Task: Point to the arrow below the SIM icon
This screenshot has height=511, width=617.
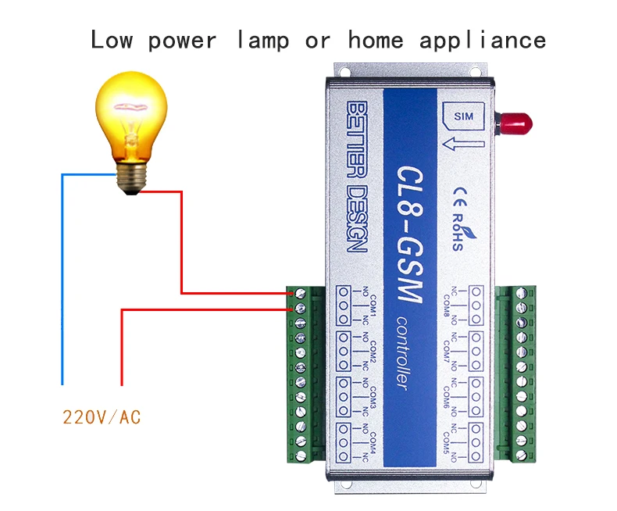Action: pos(462,143)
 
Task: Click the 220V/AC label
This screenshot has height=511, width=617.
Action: pos(102,417)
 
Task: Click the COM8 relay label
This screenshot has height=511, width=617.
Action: pos(448,306)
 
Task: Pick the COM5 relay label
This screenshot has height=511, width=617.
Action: pos(448,442)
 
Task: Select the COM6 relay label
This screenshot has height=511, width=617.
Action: pos(448,397)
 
